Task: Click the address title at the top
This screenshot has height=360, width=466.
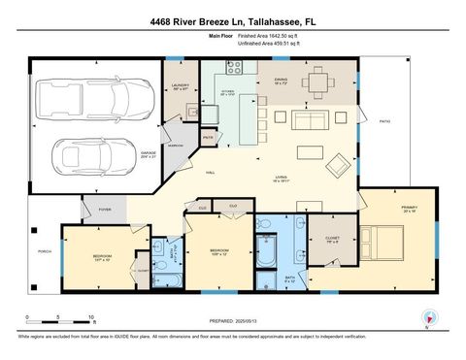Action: (233, 21)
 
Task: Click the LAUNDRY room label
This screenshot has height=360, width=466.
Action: (181, 86)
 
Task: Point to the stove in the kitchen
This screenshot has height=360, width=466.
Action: (233, 67)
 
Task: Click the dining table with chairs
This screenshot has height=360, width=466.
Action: (316, 82)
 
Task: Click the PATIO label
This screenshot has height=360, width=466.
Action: (384, 120)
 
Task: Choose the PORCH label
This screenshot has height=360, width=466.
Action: (43, 251)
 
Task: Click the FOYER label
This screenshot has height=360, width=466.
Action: (105, 209)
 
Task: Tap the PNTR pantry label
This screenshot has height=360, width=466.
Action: (208, 138)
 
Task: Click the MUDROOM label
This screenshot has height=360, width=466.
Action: (175, 145)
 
